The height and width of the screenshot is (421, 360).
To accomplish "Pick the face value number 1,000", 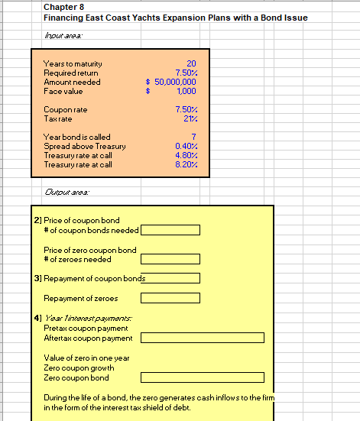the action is pos(187,89).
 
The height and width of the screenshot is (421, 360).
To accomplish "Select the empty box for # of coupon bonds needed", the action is pos(170,229).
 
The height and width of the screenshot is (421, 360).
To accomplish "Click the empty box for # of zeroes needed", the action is pos(170,259).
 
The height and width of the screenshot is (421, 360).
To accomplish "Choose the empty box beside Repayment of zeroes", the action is pos(170,298).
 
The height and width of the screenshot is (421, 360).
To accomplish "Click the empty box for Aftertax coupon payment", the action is pos(202,338).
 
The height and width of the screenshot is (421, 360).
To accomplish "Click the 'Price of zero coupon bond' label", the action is pos(90,250).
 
